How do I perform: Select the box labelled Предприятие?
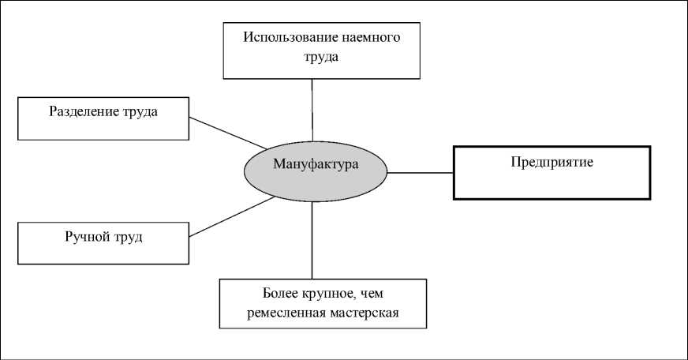point(552,172)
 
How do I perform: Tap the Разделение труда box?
point(103,118)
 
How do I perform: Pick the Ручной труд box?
point(103,243)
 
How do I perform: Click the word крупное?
point(320,295)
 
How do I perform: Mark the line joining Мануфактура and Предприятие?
point(420,172)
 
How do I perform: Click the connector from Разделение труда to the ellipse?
point(227,133)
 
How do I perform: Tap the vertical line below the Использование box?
point(313,109)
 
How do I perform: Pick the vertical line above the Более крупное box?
point(313,240)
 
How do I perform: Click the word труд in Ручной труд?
point(128,235)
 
